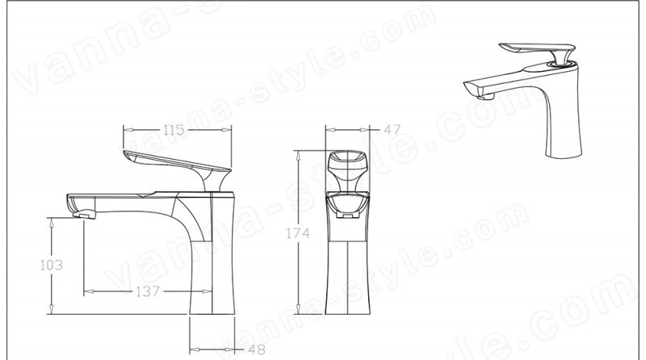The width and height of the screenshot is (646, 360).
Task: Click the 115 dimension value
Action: click(x=174, y=130)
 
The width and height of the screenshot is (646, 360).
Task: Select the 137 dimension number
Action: click(x=148, y=291)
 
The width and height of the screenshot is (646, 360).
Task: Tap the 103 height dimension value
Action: click(x=52, y=265)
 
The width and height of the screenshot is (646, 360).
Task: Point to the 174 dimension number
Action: click(x=298, y=233)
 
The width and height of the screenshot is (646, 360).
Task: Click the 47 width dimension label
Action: click(x=392, y=130)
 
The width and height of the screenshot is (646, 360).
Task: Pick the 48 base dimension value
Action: click(x=257, y=350)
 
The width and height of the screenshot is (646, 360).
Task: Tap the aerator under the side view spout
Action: click(x=84, y=214)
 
